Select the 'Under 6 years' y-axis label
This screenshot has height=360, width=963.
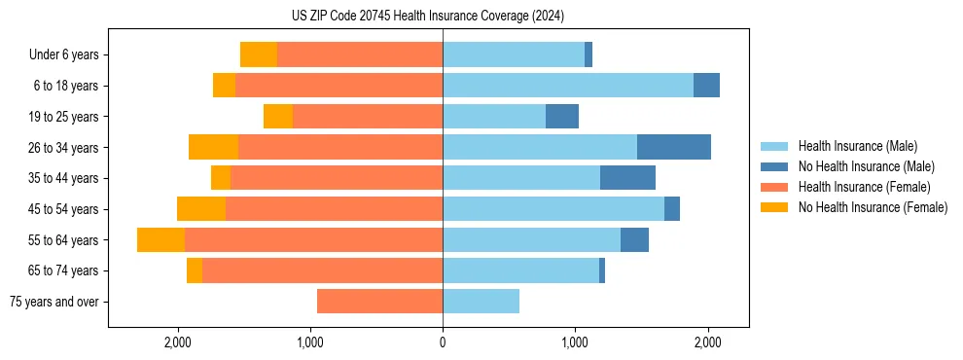pyautogui.click(x=69, y=55)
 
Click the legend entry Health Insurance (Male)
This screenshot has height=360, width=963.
pyautogui.click(x=857, y=146)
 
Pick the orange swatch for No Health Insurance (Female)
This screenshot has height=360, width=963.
pyautogui.click(x=774, y=207)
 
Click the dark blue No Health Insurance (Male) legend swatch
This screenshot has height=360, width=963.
pyautogui.click(x=774, y=166)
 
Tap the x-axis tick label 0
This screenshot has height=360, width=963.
pyautogui.click(x=443, y=342)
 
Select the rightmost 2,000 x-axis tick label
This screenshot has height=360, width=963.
pyautogui.click(x=707, y=342)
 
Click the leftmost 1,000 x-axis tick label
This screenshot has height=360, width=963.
pyautogui.click(x=310, y=342)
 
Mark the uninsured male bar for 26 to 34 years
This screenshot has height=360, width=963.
pyautogui.click(x=674, y=148)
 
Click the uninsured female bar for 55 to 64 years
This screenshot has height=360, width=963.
pyautogui.click(x=160, y=240)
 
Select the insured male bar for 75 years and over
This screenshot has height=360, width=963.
pyautogui.click(x=481, y=302)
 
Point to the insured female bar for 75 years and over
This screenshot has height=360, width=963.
pyautogui.click(x=379, y=302)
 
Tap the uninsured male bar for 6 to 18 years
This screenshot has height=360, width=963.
pyautogui.click(x=706, y=86)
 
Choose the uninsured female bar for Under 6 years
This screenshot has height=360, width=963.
pyautogui.click(x=259, y=55)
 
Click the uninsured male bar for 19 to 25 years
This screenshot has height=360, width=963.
pyautogui.click(x=562, y=117)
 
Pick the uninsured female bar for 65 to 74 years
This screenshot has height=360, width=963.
pyautogui.click(x=195, y=270)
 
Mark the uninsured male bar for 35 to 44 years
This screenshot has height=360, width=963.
pyautogui.click(x=627, y=178)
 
